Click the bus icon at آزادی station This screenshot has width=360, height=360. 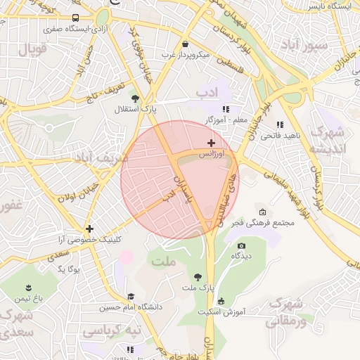coord(75,18)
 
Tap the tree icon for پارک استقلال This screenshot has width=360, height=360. coord(135,98)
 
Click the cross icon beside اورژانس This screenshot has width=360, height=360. coord(211,143)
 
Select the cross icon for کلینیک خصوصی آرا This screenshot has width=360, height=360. coord(89,229)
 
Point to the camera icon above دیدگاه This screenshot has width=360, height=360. coord(242,245)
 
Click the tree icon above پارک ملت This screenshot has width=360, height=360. coord(197,277)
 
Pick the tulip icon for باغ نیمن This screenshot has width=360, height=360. coord(29,288)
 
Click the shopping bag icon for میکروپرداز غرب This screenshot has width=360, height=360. coord(185,44)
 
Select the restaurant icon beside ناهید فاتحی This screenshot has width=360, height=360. coord(280,124)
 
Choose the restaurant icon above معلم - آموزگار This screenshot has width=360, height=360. coord(226,109)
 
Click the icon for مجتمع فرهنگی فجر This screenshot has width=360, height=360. coord(262,212)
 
